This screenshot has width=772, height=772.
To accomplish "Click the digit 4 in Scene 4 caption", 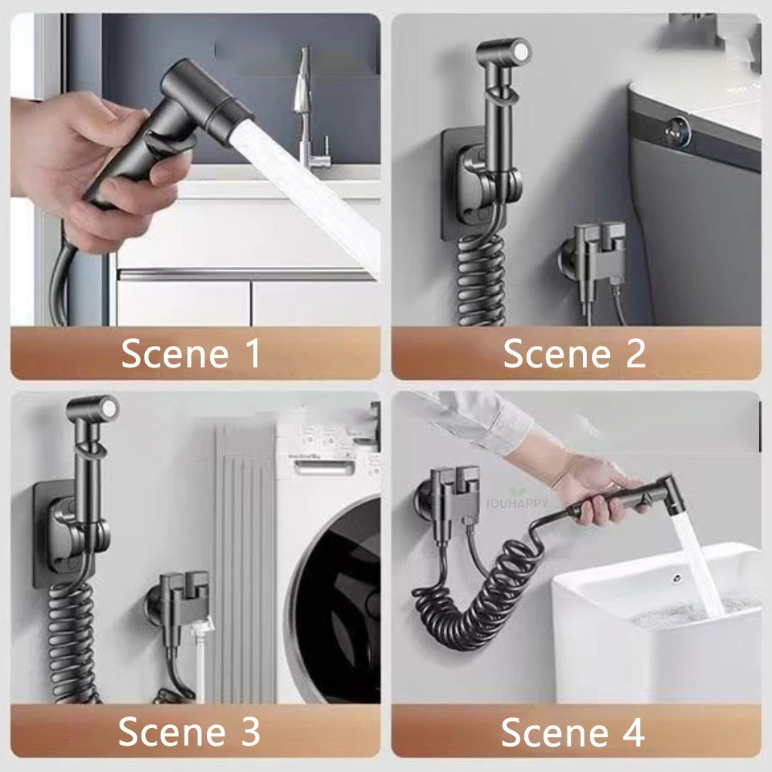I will coord(632,731).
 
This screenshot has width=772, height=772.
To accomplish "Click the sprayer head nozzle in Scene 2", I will coord(514,52).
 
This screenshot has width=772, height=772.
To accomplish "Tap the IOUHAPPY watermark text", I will coord(517,503).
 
